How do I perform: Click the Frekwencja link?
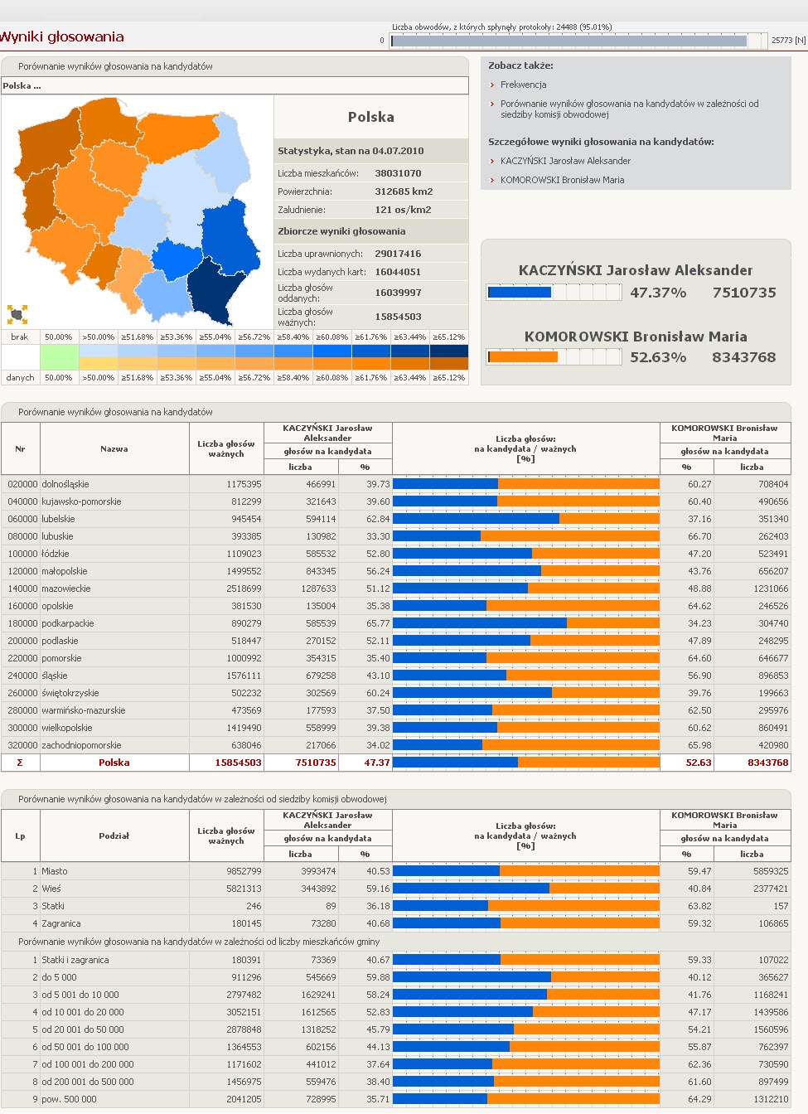click(523, 85)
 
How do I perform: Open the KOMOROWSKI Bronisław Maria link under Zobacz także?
click(562, 180)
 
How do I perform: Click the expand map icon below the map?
click(17, 314)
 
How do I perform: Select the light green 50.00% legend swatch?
click(59, 357)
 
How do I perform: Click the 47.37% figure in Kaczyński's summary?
click(658, 293)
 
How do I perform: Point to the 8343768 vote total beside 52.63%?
click(744, 357)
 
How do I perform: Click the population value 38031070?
click(398, 173)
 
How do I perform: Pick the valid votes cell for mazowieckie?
click(244, 588)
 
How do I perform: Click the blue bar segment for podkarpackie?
click(479, 623)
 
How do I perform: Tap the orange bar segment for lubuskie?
click(570, 536)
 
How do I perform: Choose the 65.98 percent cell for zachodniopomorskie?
click(699, 745)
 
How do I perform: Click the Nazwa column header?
click(114, 448)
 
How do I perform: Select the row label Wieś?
click(51, 889)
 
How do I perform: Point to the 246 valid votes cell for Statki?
click(254, 906)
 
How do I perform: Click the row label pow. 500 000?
click(69, 1098)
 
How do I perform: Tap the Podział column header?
click(114, 835)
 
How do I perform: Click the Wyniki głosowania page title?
click(61, 36)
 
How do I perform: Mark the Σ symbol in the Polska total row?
click(20, 763)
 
